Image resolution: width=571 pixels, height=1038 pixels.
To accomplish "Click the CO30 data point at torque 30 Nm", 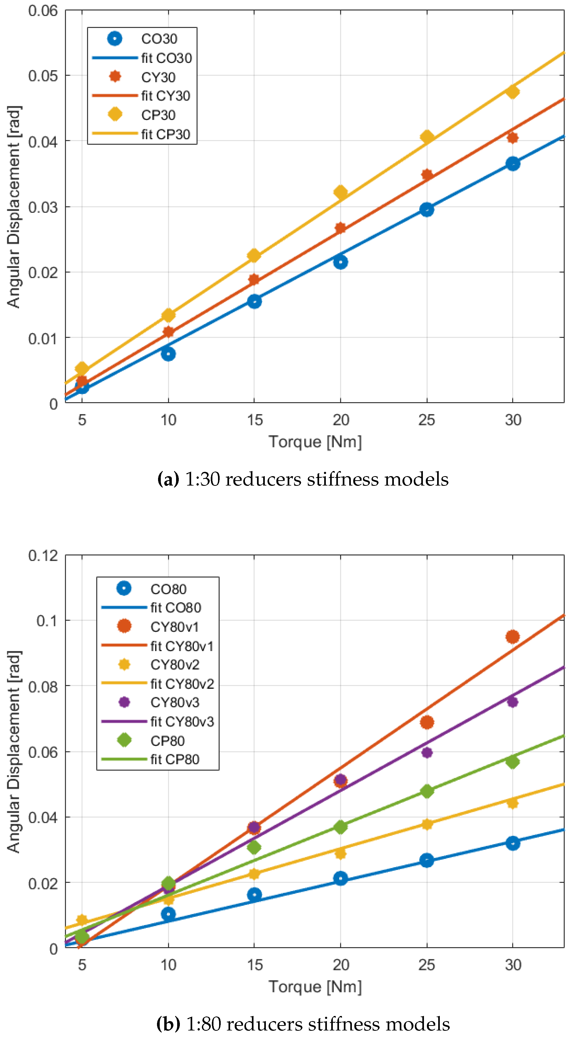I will (512, 164).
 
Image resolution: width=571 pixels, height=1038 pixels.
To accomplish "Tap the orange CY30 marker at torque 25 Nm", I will (427, 174).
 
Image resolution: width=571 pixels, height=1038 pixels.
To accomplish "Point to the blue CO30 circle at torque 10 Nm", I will (168, 354).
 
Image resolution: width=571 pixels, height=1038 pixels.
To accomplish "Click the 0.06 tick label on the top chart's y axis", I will (43, 10).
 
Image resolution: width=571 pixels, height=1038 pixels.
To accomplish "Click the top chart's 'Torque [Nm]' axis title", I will (315, 442).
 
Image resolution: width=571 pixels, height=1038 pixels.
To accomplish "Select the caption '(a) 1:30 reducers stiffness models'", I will (303, 479).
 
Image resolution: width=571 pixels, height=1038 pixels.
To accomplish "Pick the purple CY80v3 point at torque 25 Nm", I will (427, 752).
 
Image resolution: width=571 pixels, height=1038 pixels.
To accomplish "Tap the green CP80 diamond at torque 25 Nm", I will (427, 791).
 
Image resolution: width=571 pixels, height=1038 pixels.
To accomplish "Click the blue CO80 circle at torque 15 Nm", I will (254, 895).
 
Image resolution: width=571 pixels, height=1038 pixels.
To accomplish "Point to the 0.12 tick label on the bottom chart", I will (43, 556).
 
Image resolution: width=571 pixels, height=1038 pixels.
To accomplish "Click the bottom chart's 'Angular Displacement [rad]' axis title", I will (13, 751).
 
